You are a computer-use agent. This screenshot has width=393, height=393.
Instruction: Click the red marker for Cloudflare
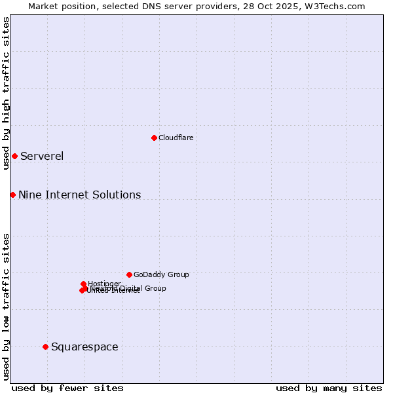tap(154, 138)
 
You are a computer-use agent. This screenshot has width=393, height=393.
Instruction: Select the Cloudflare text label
tap(176, 138)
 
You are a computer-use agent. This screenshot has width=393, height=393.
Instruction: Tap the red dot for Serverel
tap(14, 156)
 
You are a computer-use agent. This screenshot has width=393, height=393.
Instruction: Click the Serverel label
tap(42, 156)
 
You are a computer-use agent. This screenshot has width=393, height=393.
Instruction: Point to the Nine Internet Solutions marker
tap(12, 195)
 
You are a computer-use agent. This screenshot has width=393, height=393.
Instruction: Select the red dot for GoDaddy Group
tap(129, 274)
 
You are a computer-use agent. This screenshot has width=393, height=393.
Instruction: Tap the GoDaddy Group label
tap(161, 274)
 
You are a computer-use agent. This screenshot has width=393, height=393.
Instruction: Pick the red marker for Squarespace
tap(45, 346)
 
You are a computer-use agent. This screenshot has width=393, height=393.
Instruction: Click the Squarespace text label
tap(84, 346)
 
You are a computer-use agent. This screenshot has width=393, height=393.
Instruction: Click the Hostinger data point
tap(84, 284)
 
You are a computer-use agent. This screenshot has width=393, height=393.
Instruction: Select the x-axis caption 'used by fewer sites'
tap(67, 388)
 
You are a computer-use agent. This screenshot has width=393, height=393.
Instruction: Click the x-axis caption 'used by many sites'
tap(329, 388)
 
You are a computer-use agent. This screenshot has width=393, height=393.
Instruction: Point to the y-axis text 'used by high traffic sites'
tap(6, 93)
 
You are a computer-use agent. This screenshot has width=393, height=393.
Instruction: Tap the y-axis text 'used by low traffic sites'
tap(6, 307)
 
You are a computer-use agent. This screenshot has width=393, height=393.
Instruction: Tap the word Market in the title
tap(43, 6)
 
